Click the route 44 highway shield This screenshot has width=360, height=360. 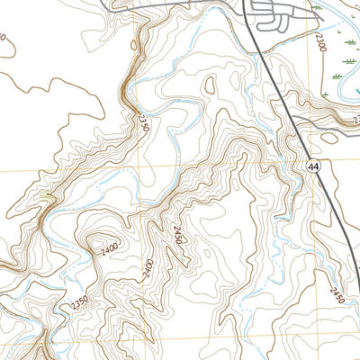(x=312, y=166)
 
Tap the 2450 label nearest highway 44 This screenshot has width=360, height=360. (x=337, y=293)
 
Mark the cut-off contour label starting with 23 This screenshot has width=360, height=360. (x=356, y=118)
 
